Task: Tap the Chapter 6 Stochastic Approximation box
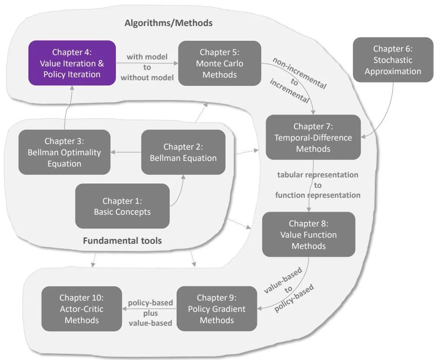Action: click(393, 60)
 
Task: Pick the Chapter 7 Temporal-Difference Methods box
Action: click(313, 137)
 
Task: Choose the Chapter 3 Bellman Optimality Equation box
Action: click(64, 152)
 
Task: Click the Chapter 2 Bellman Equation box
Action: click(183, 152)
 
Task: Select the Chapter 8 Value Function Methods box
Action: click(308, 235)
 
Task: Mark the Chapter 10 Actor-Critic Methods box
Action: click(82, 309)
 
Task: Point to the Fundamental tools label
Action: click(122, 240)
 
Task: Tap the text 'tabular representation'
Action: click(318, 175)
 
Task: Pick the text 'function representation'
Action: click(318, 195)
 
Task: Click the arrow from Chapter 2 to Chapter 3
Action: click(126, 152)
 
